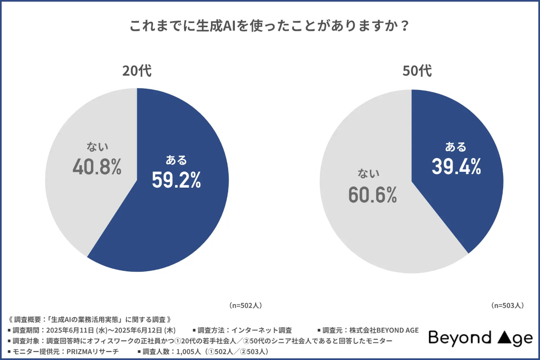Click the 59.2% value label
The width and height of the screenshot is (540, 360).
point(176,180)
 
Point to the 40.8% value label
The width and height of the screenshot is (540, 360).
point(97,167)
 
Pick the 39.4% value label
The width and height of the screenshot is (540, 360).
point(456,167)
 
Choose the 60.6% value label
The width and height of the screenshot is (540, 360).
point(372,194)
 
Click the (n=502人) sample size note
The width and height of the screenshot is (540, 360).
point(245,305)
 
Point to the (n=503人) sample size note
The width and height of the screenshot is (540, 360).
point(507,305)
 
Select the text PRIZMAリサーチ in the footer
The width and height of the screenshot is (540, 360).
point(93,351)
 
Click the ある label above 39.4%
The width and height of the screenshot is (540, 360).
point(456,147)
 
